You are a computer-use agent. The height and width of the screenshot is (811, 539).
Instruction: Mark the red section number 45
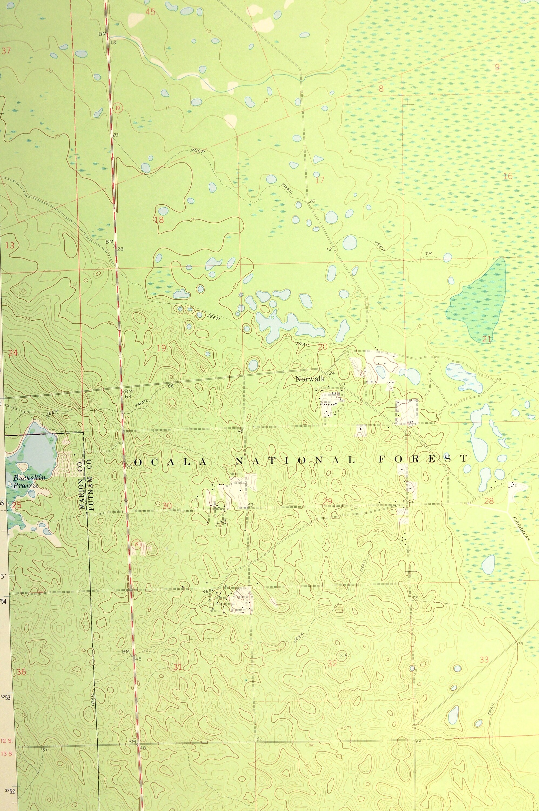[x=150, y=12]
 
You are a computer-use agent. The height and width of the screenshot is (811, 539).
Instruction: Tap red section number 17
[x=320, y=180]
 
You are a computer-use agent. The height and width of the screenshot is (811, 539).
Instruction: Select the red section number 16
[x=507, y=177]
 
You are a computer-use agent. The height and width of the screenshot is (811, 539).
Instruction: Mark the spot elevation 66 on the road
[x=170, y=386]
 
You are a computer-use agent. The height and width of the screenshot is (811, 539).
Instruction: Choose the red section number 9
[x=497, y=67]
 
